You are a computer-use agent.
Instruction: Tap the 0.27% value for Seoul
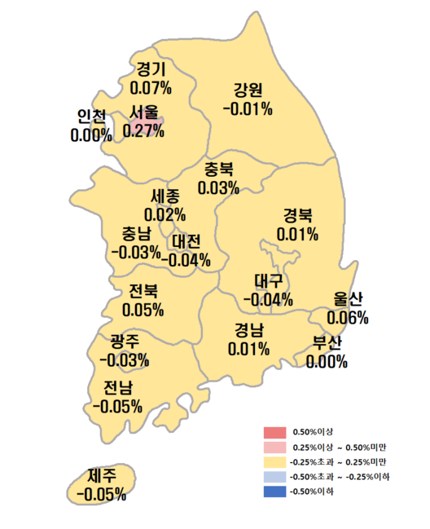(143, 130)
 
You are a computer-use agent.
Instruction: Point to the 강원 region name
(248, 90)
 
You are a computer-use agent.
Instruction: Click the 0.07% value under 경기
(151, 86)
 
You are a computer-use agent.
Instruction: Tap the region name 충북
(218, 170)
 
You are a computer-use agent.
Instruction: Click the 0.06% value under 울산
(348, 316)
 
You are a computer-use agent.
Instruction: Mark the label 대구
(268, 281)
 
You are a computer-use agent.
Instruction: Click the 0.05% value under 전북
(143, 310)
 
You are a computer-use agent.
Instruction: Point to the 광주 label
(124, 342)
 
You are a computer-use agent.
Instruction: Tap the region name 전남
(118, 387)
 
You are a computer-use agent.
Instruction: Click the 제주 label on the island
(101, 475)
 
